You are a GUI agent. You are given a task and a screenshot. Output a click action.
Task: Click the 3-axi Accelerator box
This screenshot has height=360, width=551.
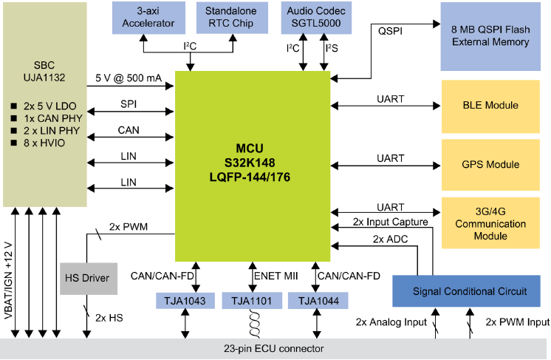[148, 18]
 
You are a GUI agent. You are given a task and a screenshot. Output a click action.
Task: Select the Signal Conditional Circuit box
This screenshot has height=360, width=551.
[470, 291]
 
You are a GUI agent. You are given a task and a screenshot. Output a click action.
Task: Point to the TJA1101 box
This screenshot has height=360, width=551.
[252, 302]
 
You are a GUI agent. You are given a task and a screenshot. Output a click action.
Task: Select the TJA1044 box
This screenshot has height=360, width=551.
[316, 302]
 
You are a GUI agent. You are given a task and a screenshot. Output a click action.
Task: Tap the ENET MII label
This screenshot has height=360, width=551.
[275, 276]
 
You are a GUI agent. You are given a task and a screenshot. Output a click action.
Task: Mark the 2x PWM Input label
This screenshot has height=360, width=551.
[517, 322]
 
